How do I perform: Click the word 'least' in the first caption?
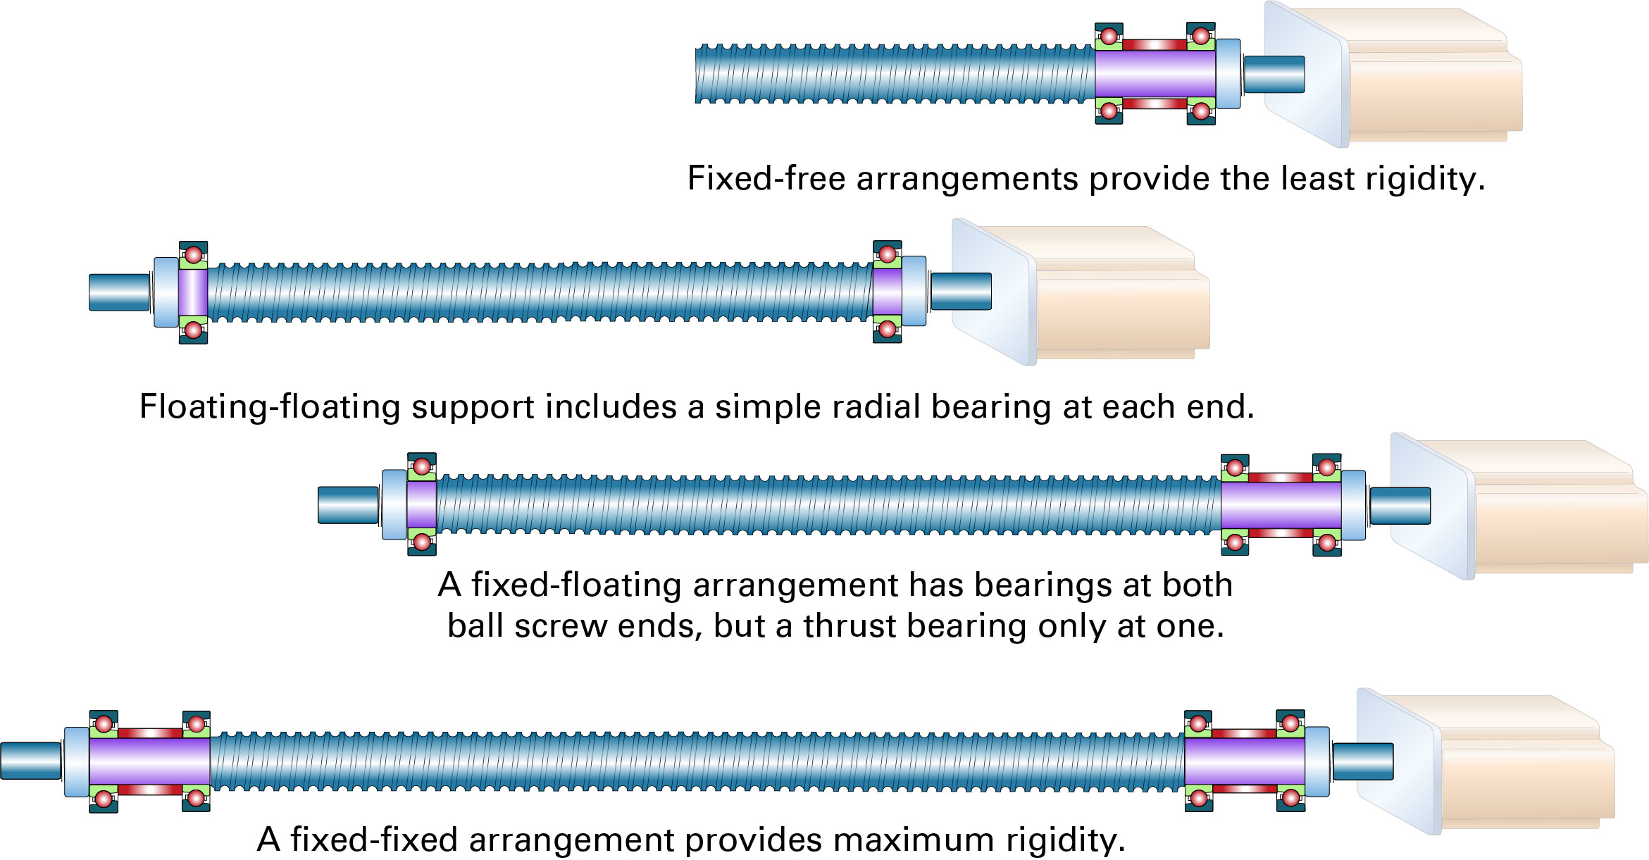pos(1317,178)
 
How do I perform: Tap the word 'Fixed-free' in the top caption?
pos(766,178)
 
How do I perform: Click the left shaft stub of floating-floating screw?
pos(119,292)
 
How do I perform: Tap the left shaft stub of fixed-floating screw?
pos(348,505)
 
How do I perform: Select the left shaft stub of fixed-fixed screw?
pos(30,761)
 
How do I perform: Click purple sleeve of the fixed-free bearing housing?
pos(1155,74)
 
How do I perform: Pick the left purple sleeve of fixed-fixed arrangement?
pos(149,761)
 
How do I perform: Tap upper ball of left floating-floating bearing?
pos(193,254)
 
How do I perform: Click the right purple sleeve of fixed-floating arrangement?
pos(1280,505)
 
